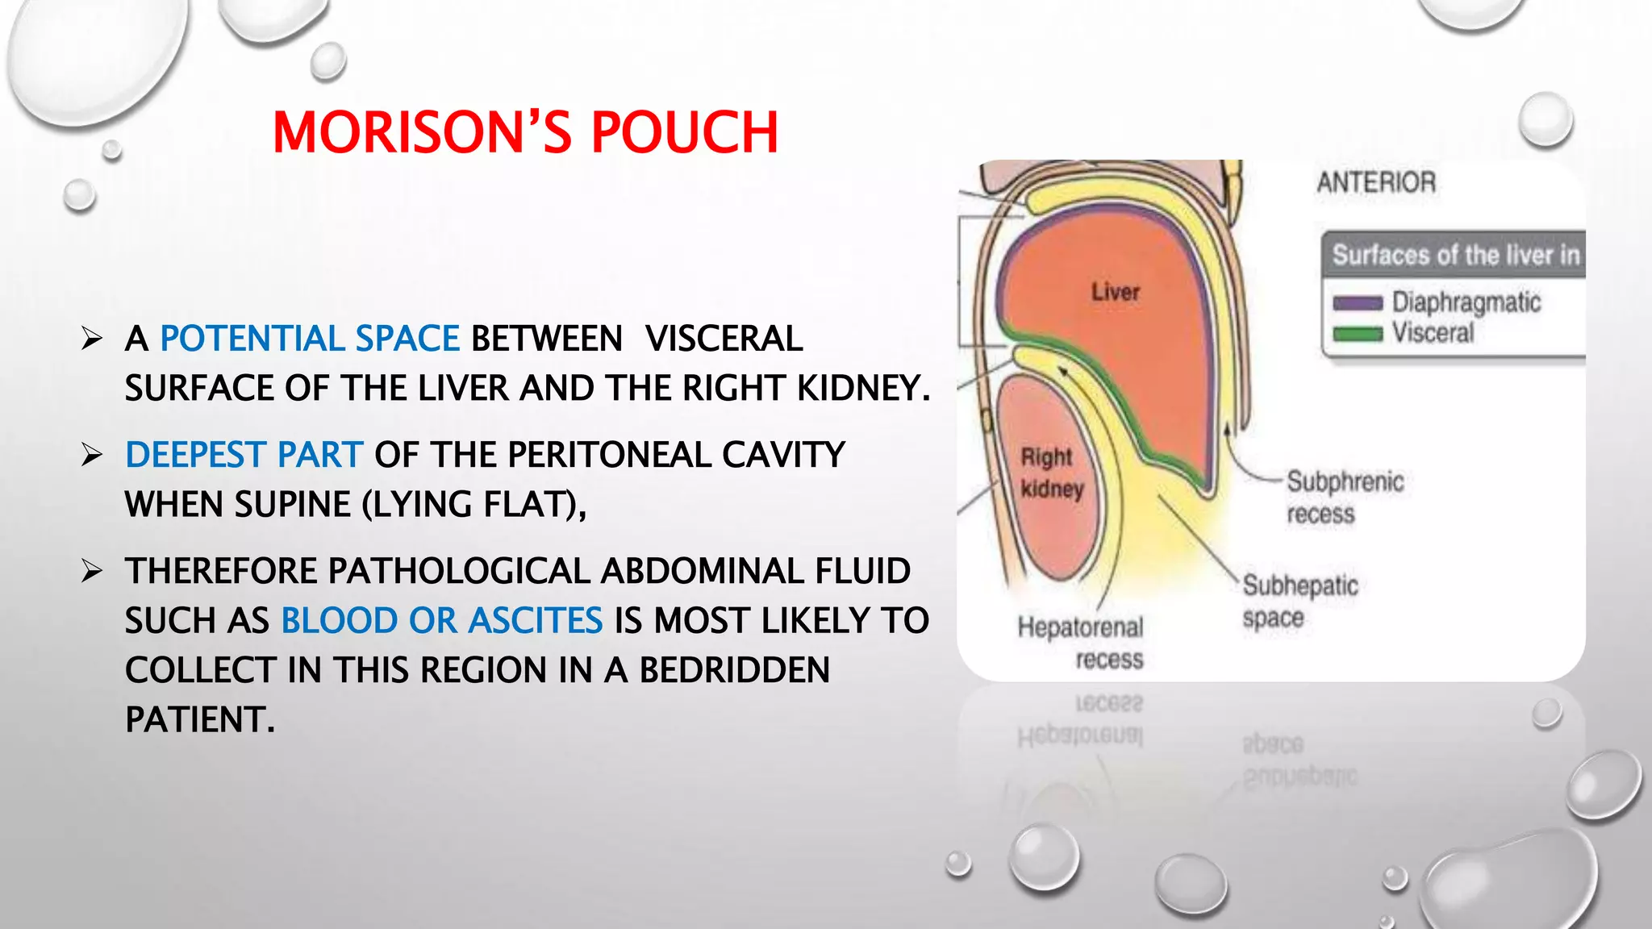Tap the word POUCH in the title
click(x=685, y=132)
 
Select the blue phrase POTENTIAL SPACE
click(x=310, y=339)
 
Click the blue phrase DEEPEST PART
click(x=244, y=455)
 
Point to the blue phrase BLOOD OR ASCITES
click(x=441, y=621)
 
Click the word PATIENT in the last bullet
click(x=199, y=719)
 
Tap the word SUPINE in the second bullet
click(x=300, y=505)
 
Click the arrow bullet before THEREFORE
click(x=92, y=571)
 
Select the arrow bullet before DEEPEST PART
click(x=92, y=455)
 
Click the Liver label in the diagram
click(x=1116, y=292)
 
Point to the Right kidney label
click(x=1050, y=473)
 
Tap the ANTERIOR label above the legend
click(x=1376, y=182)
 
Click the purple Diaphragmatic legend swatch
click(x=1358, y=303)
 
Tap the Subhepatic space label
click(x=1299, y=602)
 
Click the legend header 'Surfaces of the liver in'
click(x=1455, y=255)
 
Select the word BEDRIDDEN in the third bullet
click(x=734, y=670)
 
